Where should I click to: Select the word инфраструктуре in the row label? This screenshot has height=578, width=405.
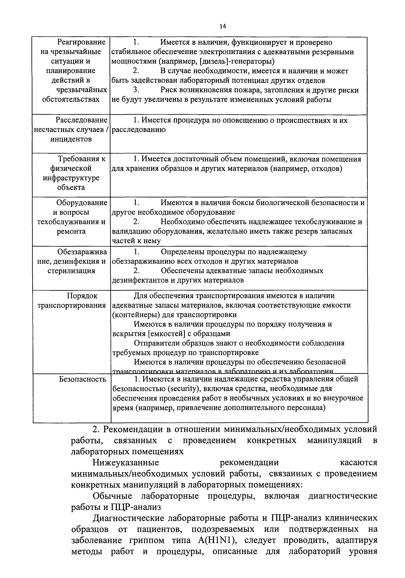71,178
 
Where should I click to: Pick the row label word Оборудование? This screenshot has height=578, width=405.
82,202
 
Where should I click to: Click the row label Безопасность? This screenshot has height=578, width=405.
82,379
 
